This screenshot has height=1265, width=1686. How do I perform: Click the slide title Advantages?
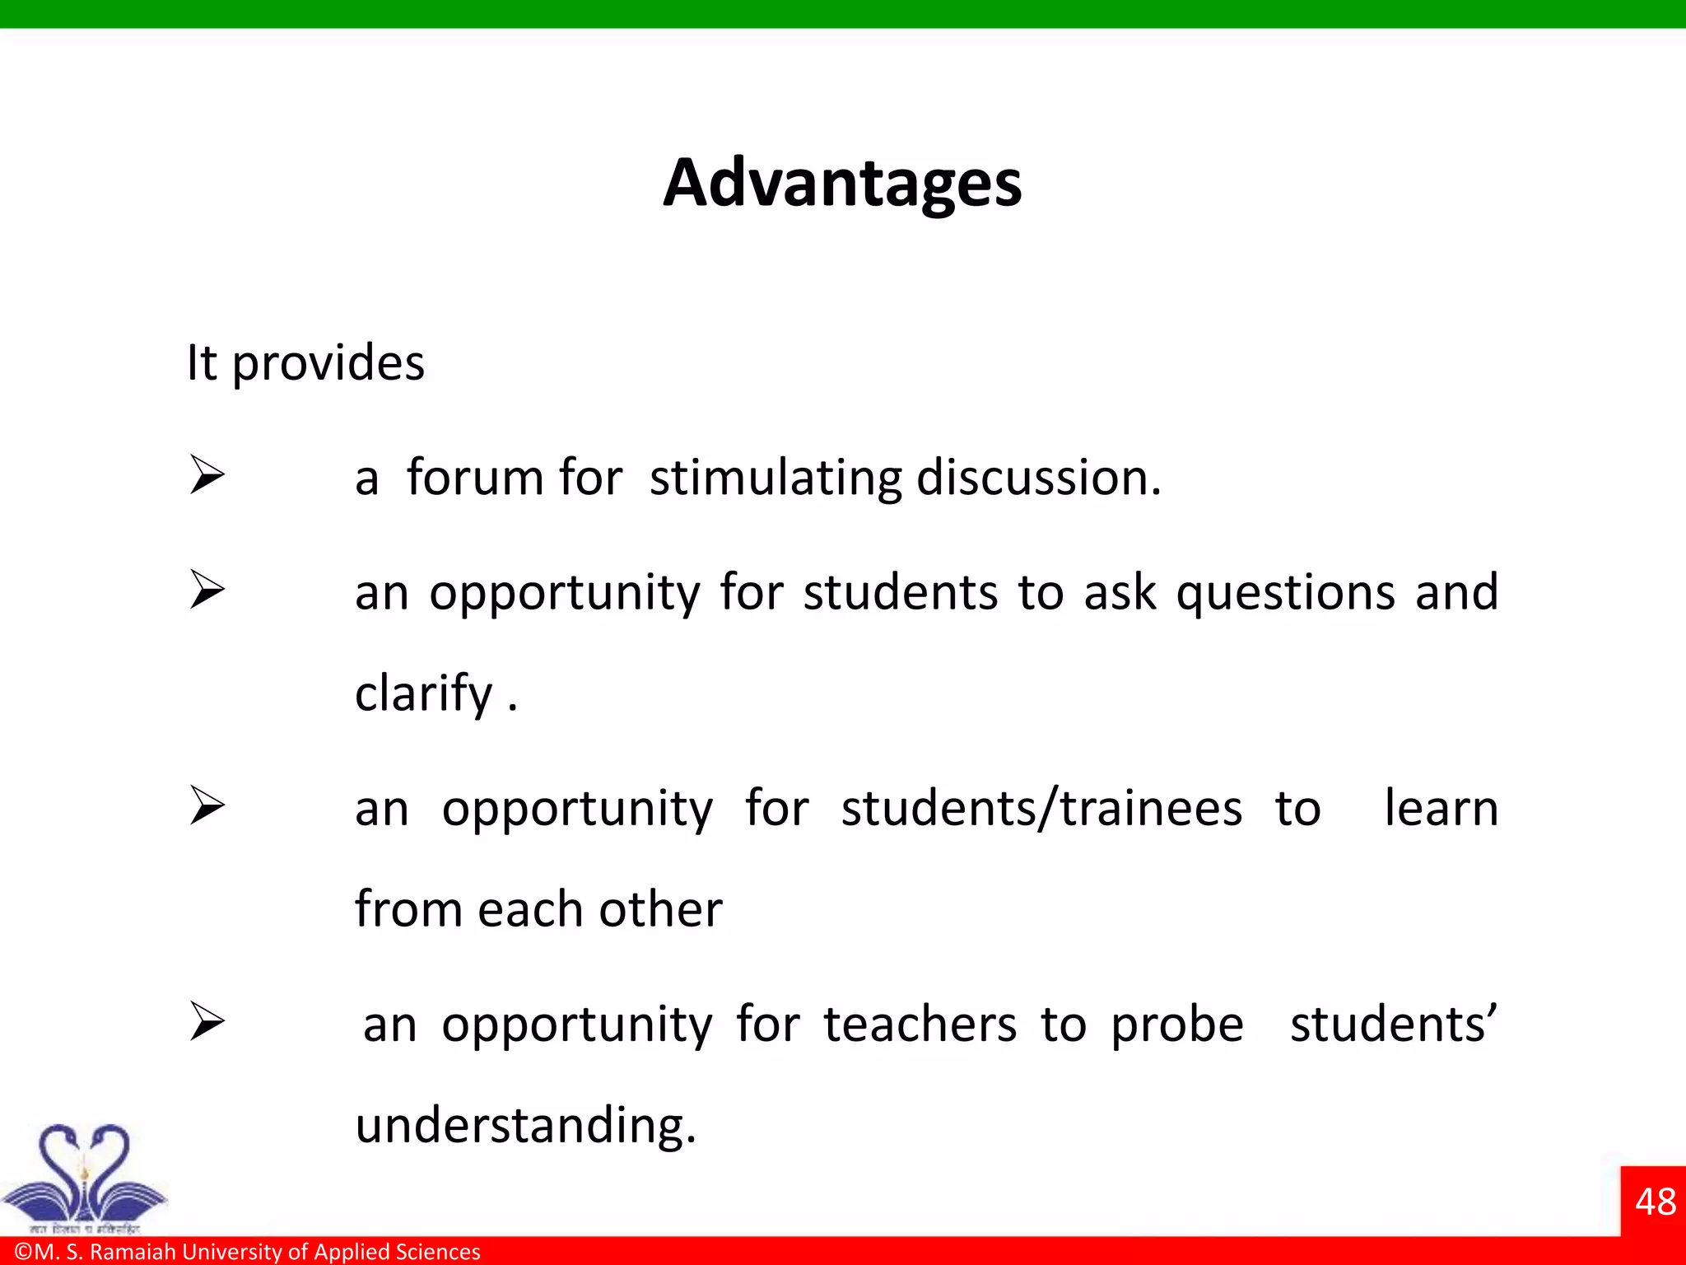(842, 183)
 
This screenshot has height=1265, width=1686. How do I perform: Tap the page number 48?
(1655, 1202)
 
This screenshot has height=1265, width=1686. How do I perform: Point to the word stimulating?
(775, 478)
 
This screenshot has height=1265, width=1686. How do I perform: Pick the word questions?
(1285, 593)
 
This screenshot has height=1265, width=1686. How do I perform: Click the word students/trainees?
(1041, 809)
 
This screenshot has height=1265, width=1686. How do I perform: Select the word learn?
(1441, 807)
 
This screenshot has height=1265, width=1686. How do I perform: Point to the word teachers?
(920, 1025)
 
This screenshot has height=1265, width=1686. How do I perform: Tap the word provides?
(328, 364)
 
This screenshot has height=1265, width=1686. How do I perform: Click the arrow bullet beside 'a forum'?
(207, 475)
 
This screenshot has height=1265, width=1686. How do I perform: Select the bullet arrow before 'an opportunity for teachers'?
(207, 1021)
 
